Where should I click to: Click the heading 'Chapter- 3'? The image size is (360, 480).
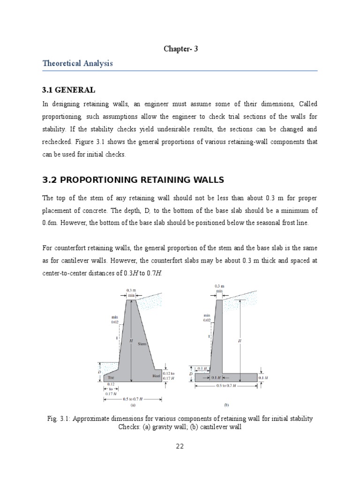point(180,48)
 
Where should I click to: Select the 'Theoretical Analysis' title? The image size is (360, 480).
point(77,63)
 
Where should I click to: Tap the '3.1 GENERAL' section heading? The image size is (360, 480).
point(68,90)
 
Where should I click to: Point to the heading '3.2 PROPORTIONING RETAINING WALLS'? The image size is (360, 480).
point(134,180)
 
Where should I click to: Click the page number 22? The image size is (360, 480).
point(180,446)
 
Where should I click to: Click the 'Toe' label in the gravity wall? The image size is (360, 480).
point(111,377)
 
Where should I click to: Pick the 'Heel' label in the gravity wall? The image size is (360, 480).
point(156,375)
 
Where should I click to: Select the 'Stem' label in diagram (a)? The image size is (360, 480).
point(142,344)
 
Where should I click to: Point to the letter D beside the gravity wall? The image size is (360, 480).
point(99,371)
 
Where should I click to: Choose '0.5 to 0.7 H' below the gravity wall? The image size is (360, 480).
point(133,399)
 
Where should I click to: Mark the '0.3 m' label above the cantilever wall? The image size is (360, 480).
point(219,286)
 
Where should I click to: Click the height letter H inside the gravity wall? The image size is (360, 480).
point(131,341)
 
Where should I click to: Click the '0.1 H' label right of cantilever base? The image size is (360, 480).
point(263,377)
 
